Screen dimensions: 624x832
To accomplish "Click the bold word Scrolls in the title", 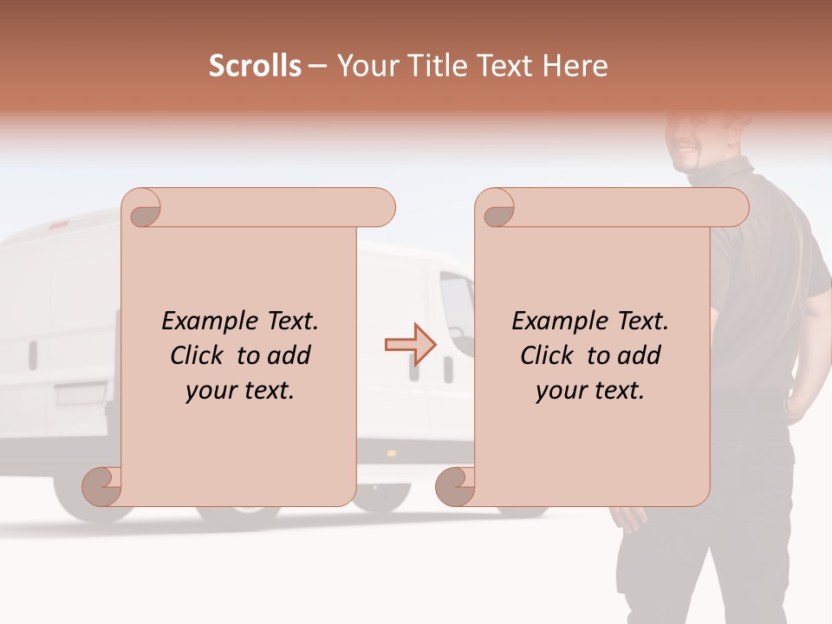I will [256, 66].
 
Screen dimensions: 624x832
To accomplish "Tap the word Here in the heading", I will [575, 66].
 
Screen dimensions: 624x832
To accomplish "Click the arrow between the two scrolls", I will [411, 345].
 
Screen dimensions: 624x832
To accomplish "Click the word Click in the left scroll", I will [199, 355].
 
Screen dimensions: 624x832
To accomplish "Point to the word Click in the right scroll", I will [549, 355].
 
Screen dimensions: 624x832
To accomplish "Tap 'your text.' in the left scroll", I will [240, 391].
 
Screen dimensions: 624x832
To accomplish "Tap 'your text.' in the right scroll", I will [590, 391].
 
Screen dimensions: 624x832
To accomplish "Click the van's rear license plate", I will [81, 395].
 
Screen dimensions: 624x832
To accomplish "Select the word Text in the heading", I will [506, 66].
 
